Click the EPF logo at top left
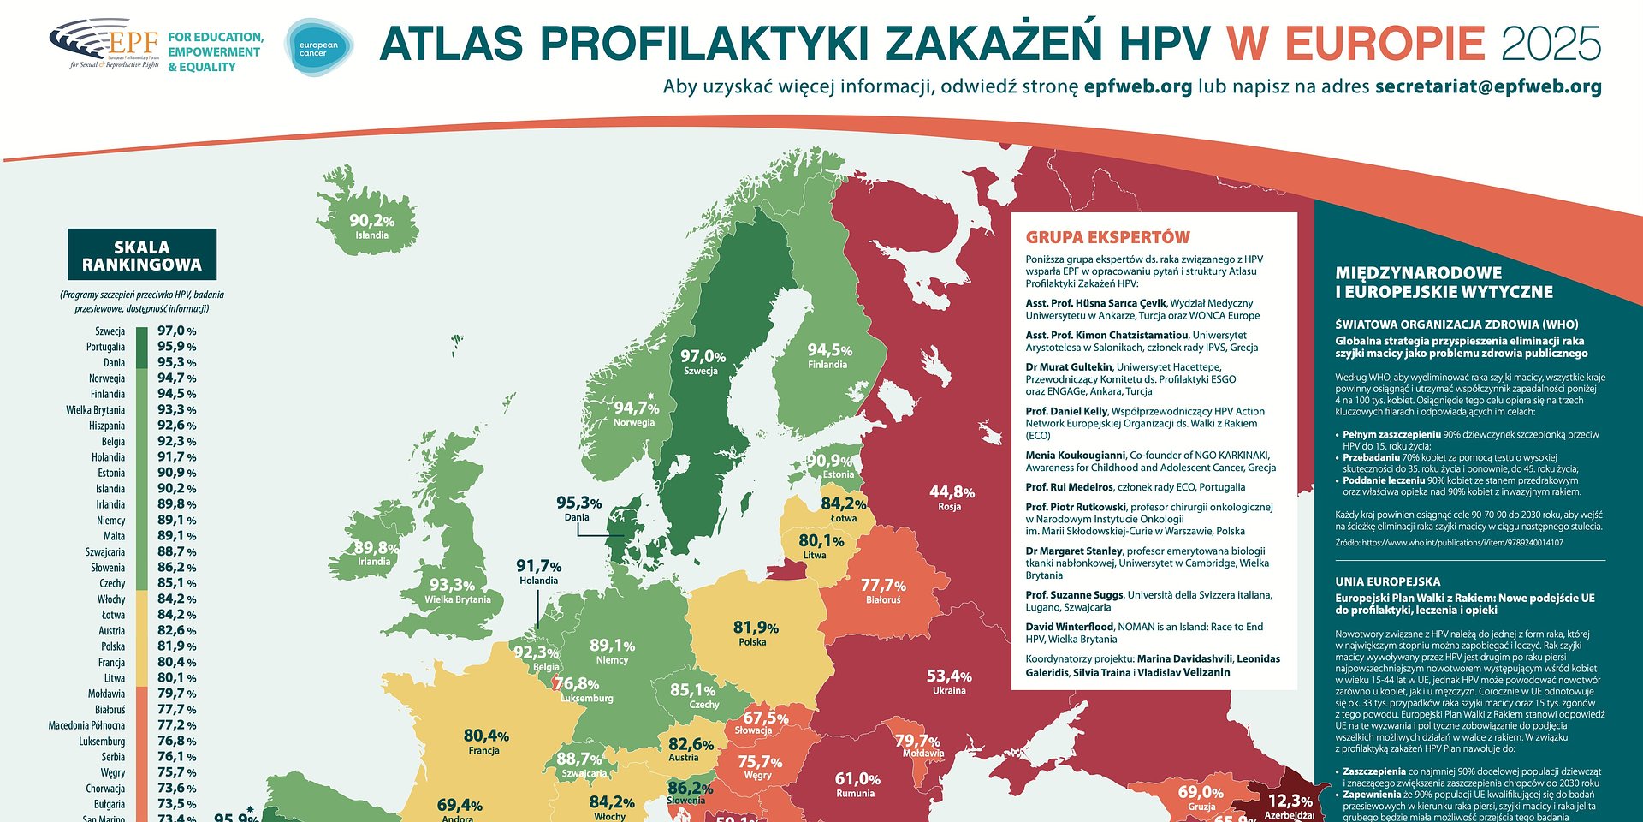104,44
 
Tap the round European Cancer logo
318,48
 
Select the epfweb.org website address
1137,86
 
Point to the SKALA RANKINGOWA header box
142,255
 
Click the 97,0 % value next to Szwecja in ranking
176,331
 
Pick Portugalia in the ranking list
105,347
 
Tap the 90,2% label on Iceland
371,221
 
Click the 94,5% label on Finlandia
829,350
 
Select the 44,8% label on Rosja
952,492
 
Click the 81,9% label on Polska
755,628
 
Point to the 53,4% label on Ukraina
949,676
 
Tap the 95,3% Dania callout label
578,503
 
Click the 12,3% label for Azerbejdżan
1289,801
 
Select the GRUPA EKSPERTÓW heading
1107,237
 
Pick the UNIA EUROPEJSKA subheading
1387,581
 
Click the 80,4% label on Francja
486,736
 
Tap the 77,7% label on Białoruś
882,586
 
